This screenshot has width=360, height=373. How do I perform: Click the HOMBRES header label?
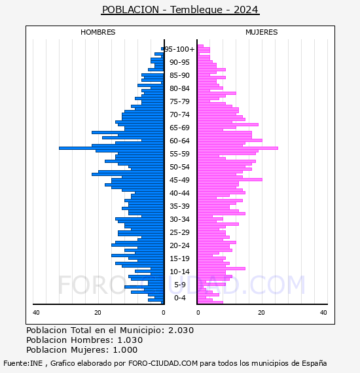pyautogui.click(x=98, y=32)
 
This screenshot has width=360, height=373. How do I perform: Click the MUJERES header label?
pyautogui.click(x=262, y=32)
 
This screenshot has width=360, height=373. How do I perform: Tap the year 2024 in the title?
pyautogui.click(x=246, y=10)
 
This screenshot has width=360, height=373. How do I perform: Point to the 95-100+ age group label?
pyautogui.click(x=179, y=49)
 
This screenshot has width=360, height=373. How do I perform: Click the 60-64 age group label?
pyautogui.click(x=179, y=141)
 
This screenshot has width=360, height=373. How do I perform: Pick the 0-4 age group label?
pyautogui.click(x=179, y=298)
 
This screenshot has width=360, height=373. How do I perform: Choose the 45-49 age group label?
pyautogui.click(x=179, y=180)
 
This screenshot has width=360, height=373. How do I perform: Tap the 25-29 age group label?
pyautogui.click(x=179, y=232)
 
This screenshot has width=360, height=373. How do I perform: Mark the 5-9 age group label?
pyautogui.click(x=179, y=285)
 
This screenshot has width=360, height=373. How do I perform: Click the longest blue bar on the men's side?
pyautogui.click(x=111, y=148)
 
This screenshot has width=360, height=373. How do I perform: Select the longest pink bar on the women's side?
pyautogui.click(x=238, y=148)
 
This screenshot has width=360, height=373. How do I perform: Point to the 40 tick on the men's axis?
pyautogui.click(x=36, y=313)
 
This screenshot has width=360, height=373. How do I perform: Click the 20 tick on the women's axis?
pyautogui.click(x=261, y=313)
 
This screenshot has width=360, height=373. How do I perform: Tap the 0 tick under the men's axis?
pyautogui.click(x=163, y=313)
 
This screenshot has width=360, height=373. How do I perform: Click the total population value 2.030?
pyautogui.click(x=181, y=330)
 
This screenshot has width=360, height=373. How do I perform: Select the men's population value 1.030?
pyautogui.click(x=130, y=340)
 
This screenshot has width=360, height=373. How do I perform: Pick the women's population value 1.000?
pyautogui.click(x=125, y=349)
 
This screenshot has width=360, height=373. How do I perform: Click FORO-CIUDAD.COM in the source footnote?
pyautogui.click(x=163, y=363)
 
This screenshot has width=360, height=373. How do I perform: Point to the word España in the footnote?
pyautogui.click(x=314, y=363)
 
